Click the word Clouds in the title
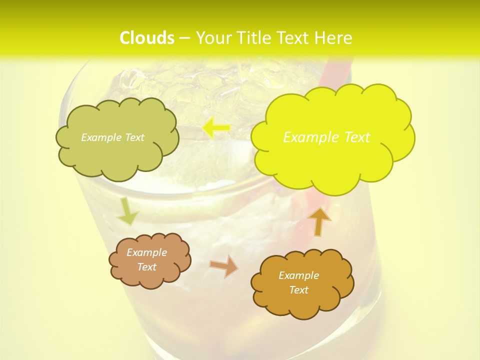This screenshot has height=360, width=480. click(x=147, y=38)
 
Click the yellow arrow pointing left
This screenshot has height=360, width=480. click(x=216, y=128)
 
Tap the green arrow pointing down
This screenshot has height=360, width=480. click(x=127, y=211)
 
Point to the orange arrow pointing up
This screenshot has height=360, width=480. click(x=320, y=220)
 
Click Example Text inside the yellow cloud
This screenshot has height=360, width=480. click(x=326, y=137)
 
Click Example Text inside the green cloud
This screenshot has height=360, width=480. click(x=112, y=137)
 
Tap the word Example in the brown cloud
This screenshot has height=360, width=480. click(x=146, y=252)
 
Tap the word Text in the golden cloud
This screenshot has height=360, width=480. click(x=299, y=290)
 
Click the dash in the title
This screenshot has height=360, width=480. click(x=184, y=38)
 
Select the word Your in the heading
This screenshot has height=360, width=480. click(x=212, y=38)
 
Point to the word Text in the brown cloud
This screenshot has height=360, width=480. click(x=146, y=267)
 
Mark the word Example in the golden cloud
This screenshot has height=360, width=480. click(x=298, y=275)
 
